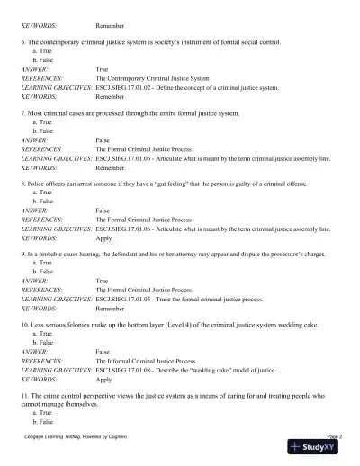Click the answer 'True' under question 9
102,281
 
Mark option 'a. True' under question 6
41,51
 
